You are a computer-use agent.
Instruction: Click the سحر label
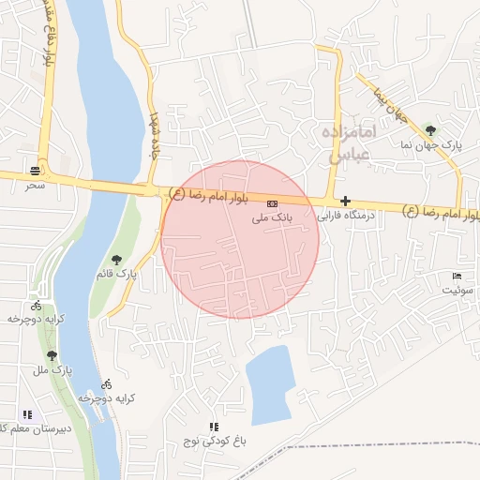pos(36,186)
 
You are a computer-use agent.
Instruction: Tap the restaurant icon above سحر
pos(36,171)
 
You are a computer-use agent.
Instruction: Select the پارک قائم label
pos(116,274)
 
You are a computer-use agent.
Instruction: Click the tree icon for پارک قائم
pos(116,260)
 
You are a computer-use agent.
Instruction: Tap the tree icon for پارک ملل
pos(52,355)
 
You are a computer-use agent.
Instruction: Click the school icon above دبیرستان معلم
pos(27,413)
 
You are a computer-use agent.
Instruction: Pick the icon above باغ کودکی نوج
pos(213,427)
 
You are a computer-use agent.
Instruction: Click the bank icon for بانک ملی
pos(272,203)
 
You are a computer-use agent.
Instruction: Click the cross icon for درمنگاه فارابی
pos(345,201)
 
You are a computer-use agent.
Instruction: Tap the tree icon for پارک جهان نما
pos(430,130)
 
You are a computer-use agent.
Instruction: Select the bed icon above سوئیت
pos(457,276)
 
